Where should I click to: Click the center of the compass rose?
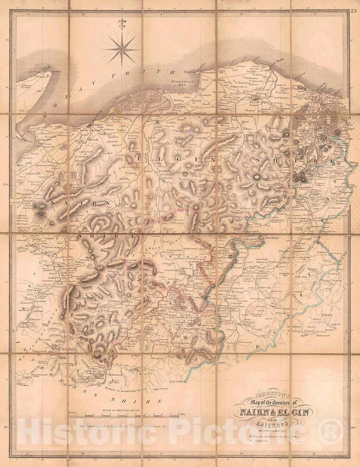[x=121, y=49]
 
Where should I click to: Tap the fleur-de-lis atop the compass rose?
[x=121, y=23]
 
